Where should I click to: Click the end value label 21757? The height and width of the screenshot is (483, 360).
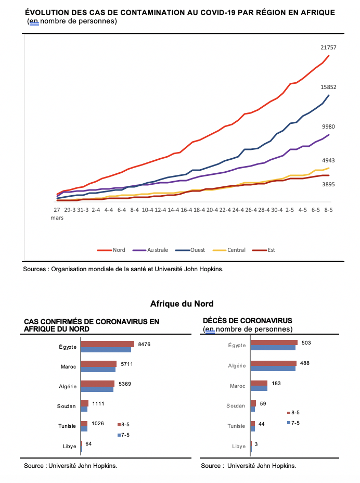coord(328,47)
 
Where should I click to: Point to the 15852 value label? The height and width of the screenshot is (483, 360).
coord(328,87)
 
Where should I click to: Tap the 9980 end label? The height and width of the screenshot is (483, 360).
coord(328,126)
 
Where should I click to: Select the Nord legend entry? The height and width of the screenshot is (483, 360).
coord(111,250)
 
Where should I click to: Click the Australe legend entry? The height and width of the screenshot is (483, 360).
coord(150,250)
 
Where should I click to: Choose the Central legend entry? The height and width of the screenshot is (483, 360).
coord(229,250)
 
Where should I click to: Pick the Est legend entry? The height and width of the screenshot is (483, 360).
coord(263,250)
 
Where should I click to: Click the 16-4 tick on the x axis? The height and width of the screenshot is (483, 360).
coord(186,210)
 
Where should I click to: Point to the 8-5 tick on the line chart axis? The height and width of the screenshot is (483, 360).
coord(328,210)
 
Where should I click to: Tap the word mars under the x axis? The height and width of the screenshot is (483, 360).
coord(57,218)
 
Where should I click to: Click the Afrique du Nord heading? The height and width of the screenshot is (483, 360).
coord(182,304)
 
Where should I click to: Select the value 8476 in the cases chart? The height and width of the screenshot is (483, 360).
coord(144,345)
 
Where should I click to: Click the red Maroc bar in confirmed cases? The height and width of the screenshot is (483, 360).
coord(98,364)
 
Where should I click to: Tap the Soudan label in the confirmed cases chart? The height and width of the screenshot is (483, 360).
coord(66,406)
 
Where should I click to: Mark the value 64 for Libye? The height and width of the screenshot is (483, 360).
coord(88,444)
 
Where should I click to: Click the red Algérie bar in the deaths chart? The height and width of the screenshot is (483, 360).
coord(274,363)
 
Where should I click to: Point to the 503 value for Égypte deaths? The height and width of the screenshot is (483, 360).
coord(306,343)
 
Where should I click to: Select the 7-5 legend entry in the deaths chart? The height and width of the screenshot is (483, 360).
coord(293,423)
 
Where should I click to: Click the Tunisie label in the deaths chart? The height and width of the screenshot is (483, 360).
coord(236,426)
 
